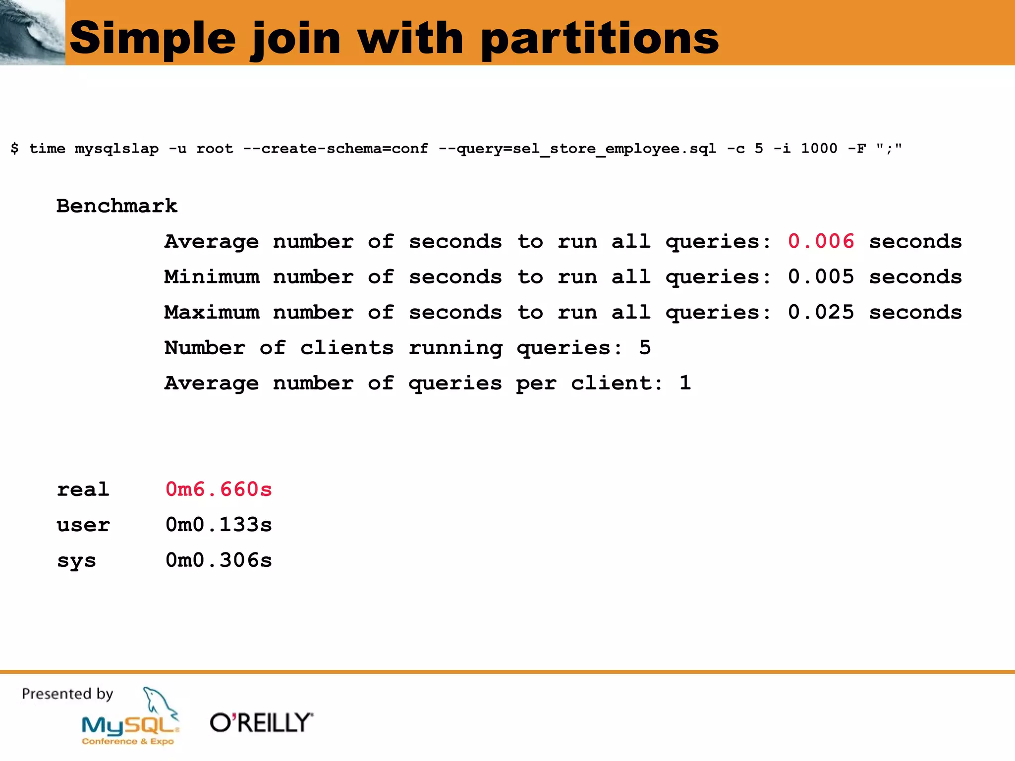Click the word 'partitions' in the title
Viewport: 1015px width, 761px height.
600,39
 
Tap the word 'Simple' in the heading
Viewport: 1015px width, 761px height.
153,39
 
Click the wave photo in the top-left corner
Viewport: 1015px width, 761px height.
32,32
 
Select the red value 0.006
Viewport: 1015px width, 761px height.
821,241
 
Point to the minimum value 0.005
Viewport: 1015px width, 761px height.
821,276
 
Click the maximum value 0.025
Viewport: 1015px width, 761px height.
821,312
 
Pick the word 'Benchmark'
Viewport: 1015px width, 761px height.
117,206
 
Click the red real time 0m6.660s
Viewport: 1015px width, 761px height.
219,489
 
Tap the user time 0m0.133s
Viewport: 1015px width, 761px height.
219,525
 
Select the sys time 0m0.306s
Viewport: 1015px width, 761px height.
219,560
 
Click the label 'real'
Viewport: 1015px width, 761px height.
83,489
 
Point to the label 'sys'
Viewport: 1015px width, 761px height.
76,561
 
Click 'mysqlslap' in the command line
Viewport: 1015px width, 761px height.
116,149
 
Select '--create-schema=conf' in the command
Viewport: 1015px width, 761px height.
335,149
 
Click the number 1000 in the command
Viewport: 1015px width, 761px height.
819,148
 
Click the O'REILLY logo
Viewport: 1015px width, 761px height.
262,723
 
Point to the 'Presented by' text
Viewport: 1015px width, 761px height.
67,694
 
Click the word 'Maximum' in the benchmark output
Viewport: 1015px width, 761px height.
212,313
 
